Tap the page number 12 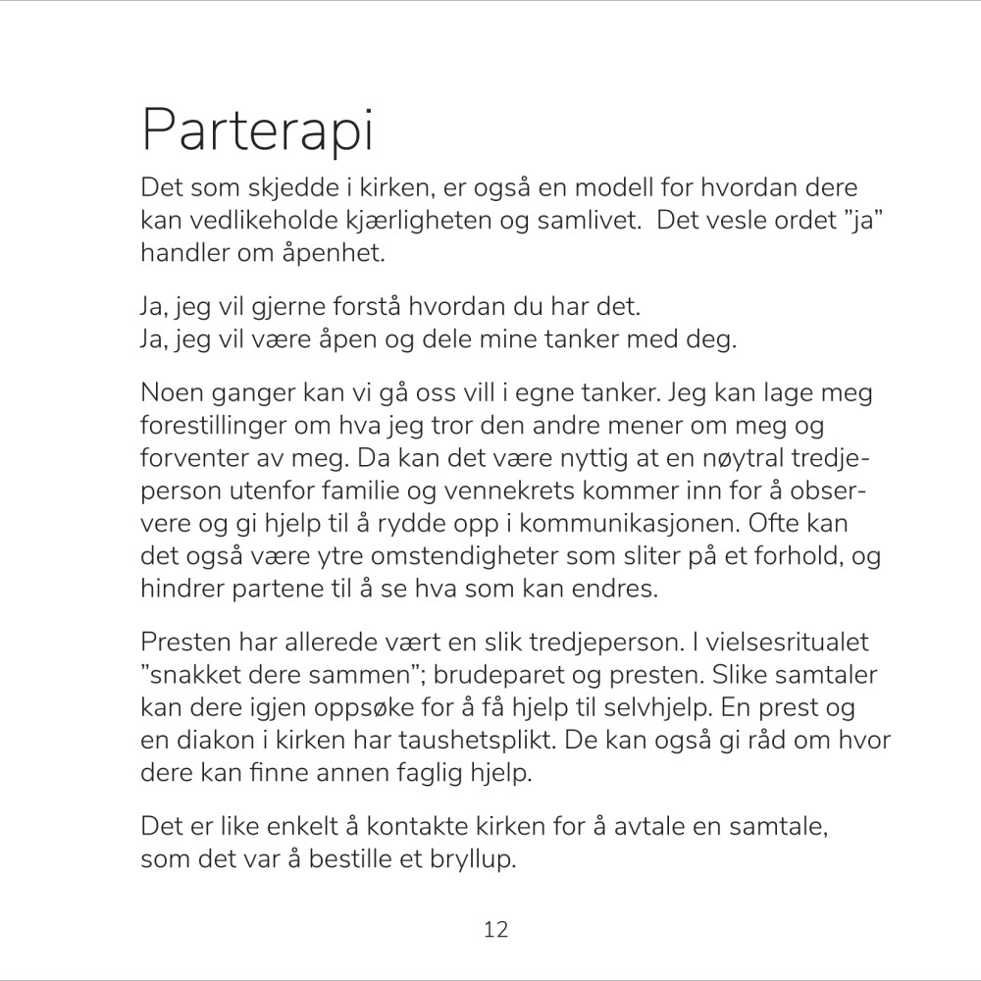496,929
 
